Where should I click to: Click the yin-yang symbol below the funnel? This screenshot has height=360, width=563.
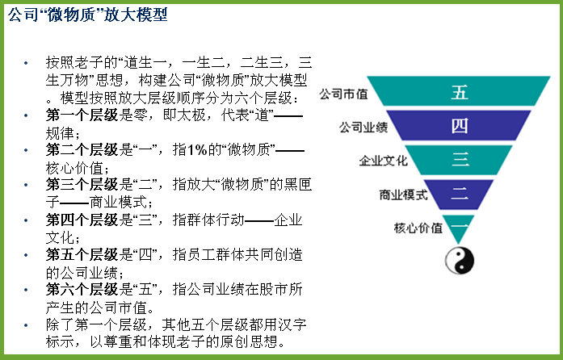460,260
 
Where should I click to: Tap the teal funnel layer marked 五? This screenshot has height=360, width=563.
459,91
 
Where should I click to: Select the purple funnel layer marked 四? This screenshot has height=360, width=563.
459,125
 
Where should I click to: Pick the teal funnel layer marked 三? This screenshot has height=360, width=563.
459,160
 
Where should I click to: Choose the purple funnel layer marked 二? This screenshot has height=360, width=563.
459,195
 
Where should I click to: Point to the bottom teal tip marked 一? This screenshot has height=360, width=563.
458,227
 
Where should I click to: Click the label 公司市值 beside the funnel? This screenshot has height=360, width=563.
343,94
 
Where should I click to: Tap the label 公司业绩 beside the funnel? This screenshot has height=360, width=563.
363,127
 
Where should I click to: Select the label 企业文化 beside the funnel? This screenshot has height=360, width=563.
383,161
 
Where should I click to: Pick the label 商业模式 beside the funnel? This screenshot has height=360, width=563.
403,195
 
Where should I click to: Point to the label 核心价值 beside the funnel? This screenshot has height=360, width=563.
418,228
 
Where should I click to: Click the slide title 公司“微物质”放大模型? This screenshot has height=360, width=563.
87,15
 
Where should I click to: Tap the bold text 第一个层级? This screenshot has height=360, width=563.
82,115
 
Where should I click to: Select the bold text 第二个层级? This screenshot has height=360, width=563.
82,150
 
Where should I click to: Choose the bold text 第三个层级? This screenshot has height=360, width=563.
82,185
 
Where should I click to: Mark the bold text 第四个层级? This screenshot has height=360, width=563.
82,220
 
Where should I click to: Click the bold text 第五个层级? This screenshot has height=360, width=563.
82,254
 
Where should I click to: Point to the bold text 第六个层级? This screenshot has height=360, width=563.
82,289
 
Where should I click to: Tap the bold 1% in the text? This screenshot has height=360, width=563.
197,150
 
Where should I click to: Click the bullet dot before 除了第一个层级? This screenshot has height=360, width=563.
26,325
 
